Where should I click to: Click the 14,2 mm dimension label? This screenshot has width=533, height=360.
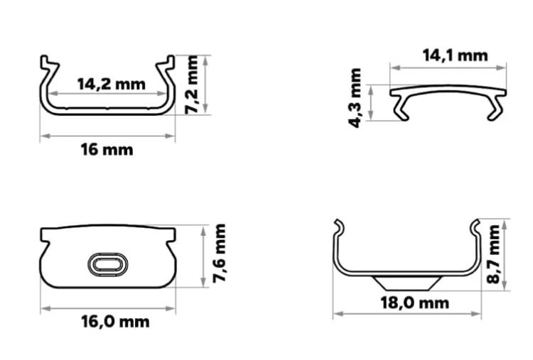112,84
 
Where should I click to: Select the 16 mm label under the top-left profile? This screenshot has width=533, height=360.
107,150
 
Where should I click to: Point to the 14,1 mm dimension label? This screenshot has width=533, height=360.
455,55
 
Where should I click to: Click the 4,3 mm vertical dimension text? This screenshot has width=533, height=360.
355,98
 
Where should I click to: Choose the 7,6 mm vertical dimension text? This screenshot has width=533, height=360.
220,253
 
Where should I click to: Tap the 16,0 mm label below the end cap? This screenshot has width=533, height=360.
115,322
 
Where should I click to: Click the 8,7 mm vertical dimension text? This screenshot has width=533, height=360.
493,254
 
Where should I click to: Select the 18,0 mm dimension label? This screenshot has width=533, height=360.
415,303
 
